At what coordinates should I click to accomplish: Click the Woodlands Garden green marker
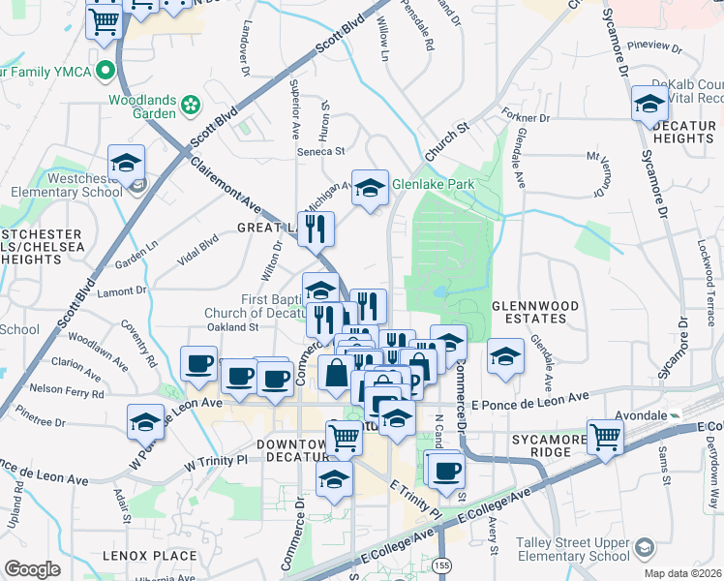click(x=191, y=102)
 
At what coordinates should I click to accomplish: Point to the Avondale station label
click(x=644, y=413)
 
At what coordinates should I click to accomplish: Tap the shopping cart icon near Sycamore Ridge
click(x=606, y=437)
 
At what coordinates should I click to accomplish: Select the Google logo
click(x=32, y=569)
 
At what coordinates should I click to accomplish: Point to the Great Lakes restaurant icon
click(x=315, y=229)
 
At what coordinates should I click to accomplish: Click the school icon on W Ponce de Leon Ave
click(x=146, y=422)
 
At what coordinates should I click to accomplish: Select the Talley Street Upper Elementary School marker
click(x=643, y=550)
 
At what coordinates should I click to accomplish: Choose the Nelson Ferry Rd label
click(x=66, y=394)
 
